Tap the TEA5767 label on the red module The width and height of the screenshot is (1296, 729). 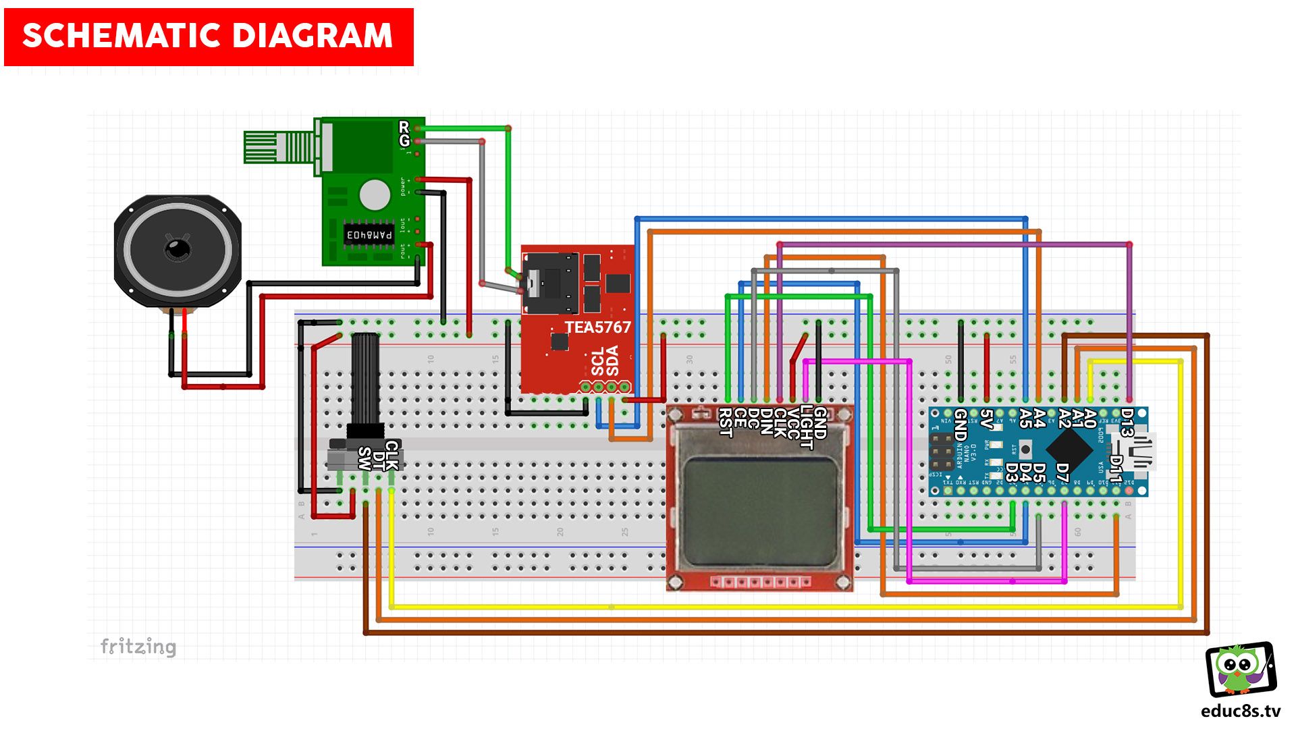(597, 327)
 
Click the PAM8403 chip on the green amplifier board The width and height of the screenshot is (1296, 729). (369, 235)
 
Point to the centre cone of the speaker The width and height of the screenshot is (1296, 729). (178, 249)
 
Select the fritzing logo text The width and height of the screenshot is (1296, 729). (138, 647)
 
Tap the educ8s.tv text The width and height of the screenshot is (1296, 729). (1241, 711)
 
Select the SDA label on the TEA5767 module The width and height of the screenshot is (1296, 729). (612, 360)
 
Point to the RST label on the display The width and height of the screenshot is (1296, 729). (726, 423)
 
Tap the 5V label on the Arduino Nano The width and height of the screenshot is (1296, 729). (986, 419)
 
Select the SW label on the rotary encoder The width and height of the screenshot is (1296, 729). (364, 458)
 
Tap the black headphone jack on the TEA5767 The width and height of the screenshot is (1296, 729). (550, 283)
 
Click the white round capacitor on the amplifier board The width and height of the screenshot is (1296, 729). (375, 195)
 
